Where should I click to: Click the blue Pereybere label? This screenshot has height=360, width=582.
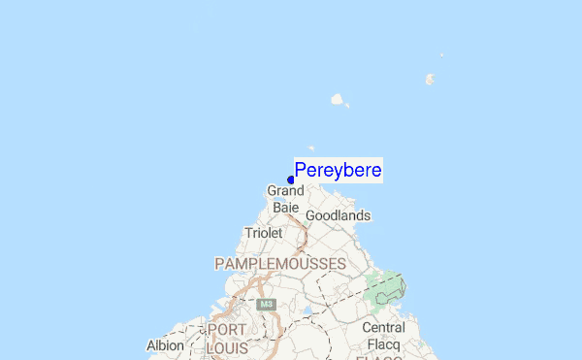point(338,171)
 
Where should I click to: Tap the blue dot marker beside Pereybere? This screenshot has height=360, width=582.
point(291,180)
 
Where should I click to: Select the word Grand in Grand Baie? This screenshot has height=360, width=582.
point(286,191)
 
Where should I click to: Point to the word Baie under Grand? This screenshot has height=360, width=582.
point(285,207)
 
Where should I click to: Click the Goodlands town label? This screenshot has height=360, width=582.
point(338,215)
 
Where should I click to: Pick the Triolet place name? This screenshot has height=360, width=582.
point(263,233)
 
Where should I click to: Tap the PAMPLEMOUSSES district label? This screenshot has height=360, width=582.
point(279,263)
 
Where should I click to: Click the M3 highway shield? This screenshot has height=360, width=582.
point(267,305)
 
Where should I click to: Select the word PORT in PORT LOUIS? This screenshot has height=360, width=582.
point(226,329)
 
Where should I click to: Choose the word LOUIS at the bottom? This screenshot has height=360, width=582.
point(229,345)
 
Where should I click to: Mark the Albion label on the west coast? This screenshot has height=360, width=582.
point(165,345)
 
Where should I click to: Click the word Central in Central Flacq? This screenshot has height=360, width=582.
point(383,327)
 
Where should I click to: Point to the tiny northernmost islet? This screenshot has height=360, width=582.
point(441,55)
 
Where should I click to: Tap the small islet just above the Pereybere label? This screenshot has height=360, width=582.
point(311,148)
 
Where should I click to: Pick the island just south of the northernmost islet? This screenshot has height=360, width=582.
point(429,80)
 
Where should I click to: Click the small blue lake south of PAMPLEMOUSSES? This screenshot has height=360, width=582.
point(307,312)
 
